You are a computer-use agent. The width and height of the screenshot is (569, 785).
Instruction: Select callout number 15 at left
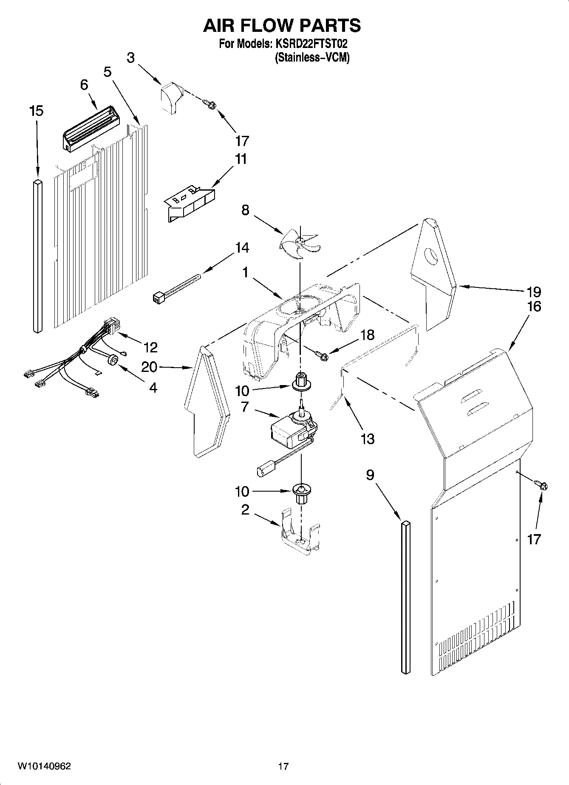[x=37, y=111]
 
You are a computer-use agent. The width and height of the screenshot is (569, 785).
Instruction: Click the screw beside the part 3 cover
[x=210, y=103]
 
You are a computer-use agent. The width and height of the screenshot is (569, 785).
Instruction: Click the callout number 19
[x=534, y=292]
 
